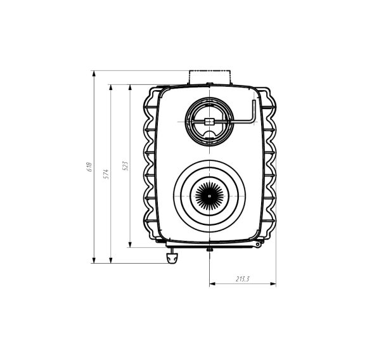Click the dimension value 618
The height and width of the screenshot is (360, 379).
click(x=89, y=167)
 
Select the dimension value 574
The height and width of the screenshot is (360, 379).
click(x=106, y=174)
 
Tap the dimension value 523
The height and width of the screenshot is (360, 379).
click(x=125, y=166)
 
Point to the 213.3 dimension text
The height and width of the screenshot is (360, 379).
click(x=243, y=279)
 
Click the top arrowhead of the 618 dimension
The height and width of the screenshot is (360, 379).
click(x=94, y=74)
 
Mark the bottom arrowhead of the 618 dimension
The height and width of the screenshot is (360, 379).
click(x=94, y=260)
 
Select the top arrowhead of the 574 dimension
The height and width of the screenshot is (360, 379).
click(x=111, y=88)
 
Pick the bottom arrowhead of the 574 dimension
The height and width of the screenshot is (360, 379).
click(x=111, y=260)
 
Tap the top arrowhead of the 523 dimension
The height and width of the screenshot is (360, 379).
click(x=130, y=88)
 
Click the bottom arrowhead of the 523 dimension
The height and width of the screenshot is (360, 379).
click(x=130, y=244)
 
